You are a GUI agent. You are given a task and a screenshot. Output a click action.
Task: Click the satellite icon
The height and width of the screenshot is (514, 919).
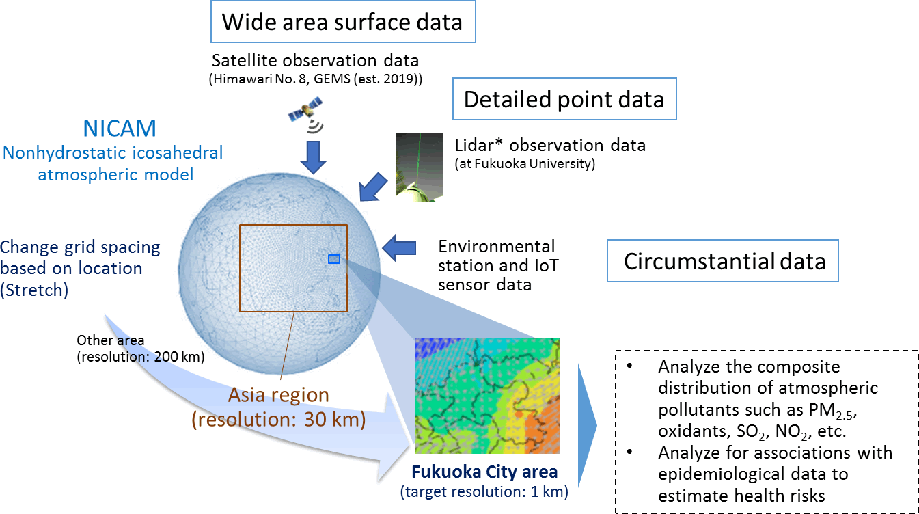click(305, 111)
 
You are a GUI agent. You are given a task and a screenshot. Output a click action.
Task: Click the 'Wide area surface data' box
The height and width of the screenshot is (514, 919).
click(343, 22)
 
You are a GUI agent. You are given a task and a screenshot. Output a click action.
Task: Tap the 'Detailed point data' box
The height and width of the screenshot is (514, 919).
click(564, 99)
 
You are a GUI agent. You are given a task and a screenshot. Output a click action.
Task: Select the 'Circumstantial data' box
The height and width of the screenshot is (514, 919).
click(722, 260)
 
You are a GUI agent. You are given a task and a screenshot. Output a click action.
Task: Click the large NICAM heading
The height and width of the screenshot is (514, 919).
click(120, 128)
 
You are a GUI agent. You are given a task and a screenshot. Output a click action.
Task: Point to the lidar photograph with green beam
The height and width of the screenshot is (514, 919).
click(420, 167)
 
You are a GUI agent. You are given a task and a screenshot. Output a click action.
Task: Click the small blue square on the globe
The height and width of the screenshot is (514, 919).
click(334, 259)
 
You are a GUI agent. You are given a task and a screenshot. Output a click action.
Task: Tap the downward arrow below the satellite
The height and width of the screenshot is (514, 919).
click(313, 157)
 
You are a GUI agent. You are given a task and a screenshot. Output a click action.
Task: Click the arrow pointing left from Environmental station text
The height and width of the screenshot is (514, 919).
click(399, 248)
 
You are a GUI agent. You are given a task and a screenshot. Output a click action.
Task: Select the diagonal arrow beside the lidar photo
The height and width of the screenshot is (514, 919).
click(372, 187)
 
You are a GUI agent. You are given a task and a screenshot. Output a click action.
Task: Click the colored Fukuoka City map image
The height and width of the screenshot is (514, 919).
click(487, 395)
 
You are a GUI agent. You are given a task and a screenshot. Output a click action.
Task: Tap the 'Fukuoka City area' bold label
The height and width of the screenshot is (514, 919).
click(484, 472)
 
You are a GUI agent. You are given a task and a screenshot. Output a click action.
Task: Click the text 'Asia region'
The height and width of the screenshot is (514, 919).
click(279, 395)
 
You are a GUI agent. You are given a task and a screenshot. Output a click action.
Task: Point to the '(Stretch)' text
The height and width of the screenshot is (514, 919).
click(34, 290)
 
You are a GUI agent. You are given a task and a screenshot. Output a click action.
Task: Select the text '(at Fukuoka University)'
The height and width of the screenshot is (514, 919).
click(525, 164)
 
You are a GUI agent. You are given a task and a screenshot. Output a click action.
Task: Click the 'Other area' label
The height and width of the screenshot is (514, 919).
click(111, 340)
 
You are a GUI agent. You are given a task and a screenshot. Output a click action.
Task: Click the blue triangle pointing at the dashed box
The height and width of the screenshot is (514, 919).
click(587, 426)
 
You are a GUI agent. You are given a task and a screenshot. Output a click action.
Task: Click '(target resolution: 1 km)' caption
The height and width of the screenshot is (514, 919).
click(484, 491)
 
